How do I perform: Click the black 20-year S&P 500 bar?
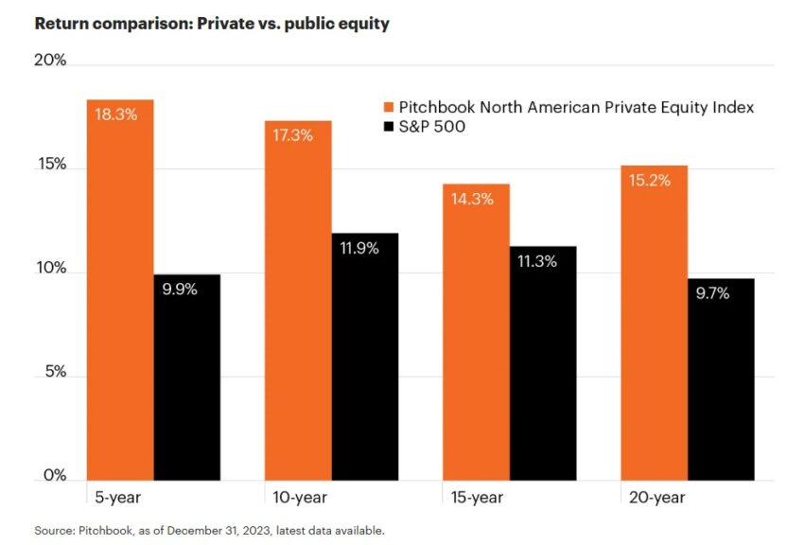[721, 378]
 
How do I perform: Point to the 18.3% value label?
[116, 115]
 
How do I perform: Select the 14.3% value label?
[473, 200]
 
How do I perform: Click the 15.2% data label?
[650, 181]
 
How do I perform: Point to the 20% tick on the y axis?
[50, 62]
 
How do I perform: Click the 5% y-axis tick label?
[54, 373]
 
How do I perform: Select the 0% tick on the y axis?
[54, 476]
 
